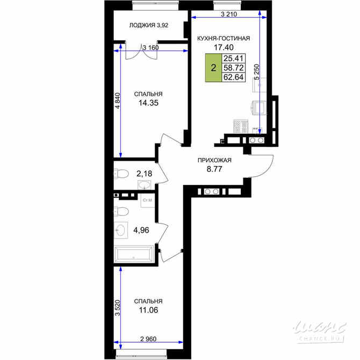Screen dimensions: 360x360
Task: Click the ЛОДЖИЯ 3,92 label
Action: click(x=148, y=25)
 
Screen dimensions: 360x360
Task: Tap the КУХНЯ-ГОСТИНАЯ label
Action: click(x=224, y=38)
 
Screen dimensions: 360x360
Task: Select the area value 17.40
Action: click(x=224, y=47)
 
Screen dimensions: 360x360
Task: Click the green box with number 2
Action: click(x=213, y=68)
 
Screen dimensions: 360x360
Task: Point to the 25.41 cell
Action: click(x=233, y=59)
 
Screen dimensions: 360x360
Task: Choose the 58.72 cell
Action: click(x=233, y=68)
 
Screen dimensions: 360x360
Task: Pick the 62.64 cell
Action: click(x=233, y=77)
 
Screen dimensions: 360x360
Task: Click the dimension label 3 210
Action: click(x=229, y=14)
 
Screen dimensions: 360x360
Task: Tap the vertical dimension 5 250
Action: click(x=257, y=72)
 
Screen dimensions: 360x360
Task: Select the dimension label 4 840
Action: click(x=118, y=100)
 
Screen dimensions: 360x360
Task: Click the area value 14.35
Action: click(x=148, y=103)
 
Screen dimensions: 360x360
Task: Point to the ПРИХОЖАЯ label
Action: click(x=214, y=160)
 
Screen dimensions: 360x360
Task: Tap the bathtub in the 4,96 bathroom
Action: click(x=134, y=254)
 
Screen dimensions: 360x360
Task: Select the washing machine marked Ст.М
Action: click(x=147, y=200)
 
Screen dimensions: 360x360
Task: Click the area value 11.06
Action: click(x=148, y=310)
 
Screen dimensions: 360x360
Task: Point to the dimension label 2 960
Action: click(x=148, y=339)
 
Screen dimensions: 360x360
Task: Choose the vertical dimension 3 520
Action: click(x=118, y=308)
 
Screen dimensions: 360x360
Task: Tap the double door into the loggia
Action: click(x=141, y=52)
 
